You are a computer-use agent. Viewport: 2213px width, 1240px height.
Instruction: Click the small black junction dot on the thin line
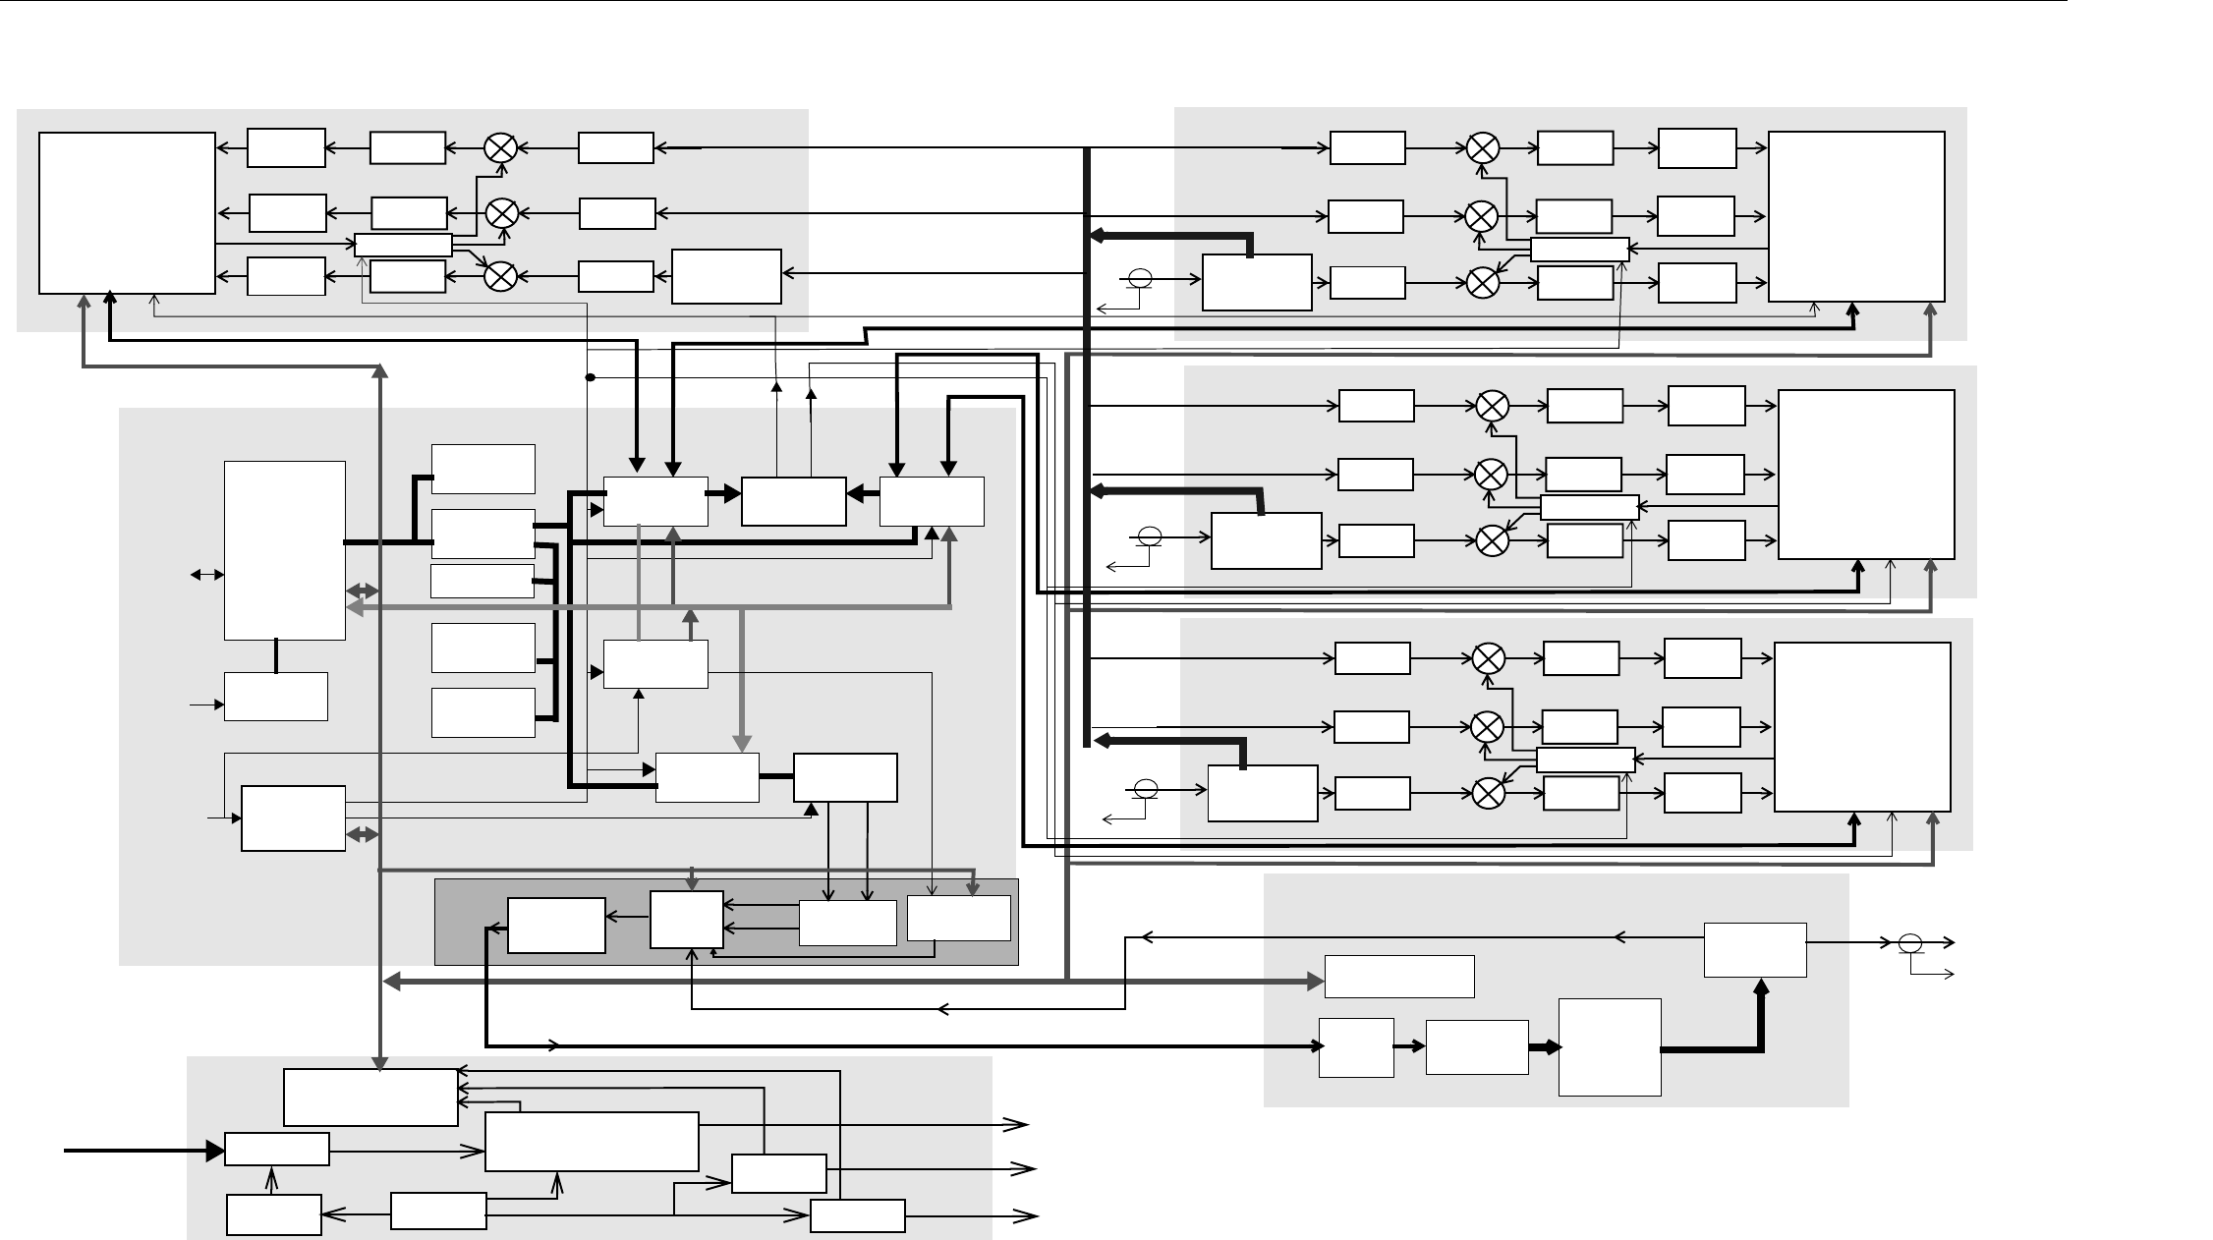click(591, 377)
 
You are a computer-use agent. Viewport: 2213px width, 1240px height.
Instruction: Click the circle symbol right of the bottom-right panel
click(1909, 943)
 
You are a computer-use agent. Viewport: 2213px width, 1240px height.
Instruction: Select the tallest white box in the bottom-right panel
click(1610, 1047)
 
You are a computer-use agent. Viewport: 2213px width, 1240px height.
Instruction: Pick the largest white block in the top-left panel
click(127, 213)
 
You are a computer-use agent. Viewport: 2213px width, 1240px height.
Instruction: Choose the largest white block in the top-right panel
click(1856, 216)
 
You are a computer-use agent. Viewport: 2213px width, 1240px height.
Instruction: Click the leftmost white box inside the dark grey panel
click(556, 926)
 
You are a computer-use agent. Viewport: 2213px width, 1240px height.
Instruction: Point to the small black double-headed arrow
click(208, 575)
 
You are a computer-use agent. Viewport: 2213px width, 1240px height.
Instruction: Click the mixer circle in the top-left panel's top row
click(501, 148)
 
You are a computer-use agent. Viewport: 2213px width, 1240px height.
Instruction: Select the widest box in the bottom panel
click(592, 1142)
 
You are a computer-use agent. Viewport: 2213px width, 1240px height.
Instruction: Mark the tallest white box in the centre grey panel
click(285, 550)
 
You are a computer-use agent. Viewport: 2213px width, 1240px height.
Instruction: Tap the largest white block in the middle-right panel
click(1866, 475)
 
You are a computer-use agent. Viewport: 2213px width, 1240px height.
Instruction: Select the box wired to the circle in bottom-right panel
click(1754, 949)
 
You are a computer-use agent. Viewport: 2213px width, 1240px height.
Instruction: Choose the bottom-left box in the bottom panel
click(273, 1214)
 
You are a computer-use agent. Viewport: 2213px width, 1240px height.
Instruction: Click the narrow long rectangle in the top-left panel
click(403, 245)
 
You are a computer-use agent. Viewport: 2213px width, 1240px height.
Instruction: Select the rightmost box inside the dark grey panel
click(958, 918)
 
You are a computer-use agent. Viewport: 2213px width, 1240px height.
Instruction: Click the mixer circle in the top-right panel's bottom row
click(1482, 283)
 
